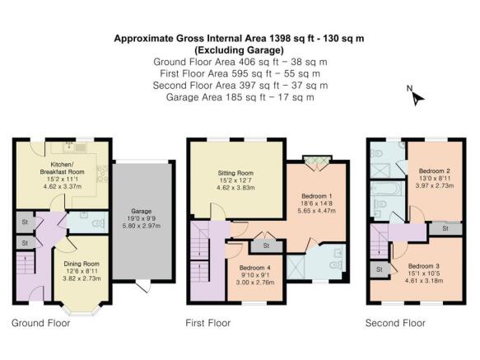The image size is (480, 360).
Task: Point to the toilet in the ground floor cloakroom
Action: pyautogui.click(x=97, y=222)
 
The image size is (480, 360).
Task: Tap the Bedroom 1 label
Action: pyautogui.click(x=311, y=198)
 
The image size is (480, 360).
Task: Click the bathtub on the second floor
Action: pyautogui.click(x=389, y=199)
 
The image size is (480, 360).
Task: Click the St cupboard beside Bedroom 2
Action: pyautogui.click(x=445, y=227)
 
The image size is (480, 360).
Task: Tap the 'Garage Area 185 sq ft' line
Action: pyautogui.click(x=240, y=97)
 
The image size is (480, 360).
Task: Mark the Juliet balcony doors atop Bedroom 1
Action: pyautogui.click(x=314, y=162)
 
